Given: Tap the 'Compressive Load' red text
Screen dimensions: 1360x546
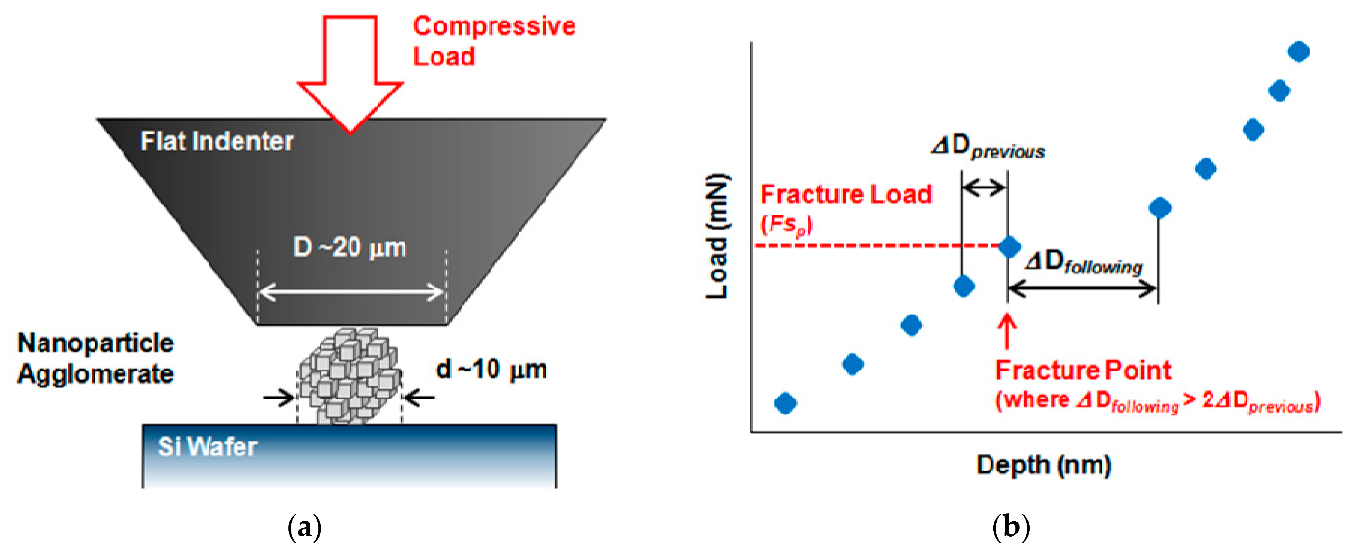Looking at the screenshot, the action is click(x=493, y=41).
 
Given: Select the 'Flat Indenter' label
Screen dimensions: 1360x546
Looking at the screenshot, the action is click(x=217, y=141).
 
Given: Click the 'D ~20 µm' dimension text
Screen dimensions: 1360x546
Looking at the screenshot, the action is click(x=349, y=247).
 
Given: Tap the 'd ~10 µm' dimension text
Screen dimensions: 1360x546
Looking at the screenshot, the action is click(x=491, y=369).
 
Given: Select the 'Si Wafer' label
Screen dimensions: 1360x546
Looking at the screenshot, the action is click(x=208, y=447).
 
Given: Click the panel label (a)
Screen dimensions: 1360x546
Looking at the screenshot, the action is click(x=305, y=527).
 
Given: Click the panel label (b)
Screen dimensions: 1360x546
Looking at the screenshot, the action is click(x=1011, y=527).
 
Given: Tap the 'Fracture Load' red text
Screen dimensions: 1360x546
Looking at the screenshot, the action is click(x=846, y=194).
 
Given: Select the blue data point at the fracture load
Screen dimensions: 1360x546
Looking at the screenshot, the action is click(x=1009, y=246).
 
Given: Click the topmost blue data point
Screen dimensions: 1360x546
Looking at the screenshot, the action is click(x=1299, y=52).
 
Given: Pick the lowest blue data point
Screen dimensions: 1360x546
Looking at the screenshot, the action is click(x=785, y=403).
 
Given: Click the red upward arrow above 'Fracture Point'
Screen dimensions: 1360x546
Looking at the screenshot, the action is click(x=1007, y=331).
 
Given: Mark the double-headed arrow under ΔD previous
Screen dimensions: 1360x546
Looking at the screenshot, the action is click(x=984, y=187).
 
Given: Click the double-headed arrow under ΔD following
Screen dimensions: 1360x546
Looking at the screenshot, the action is click(x=1083, y=289).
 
